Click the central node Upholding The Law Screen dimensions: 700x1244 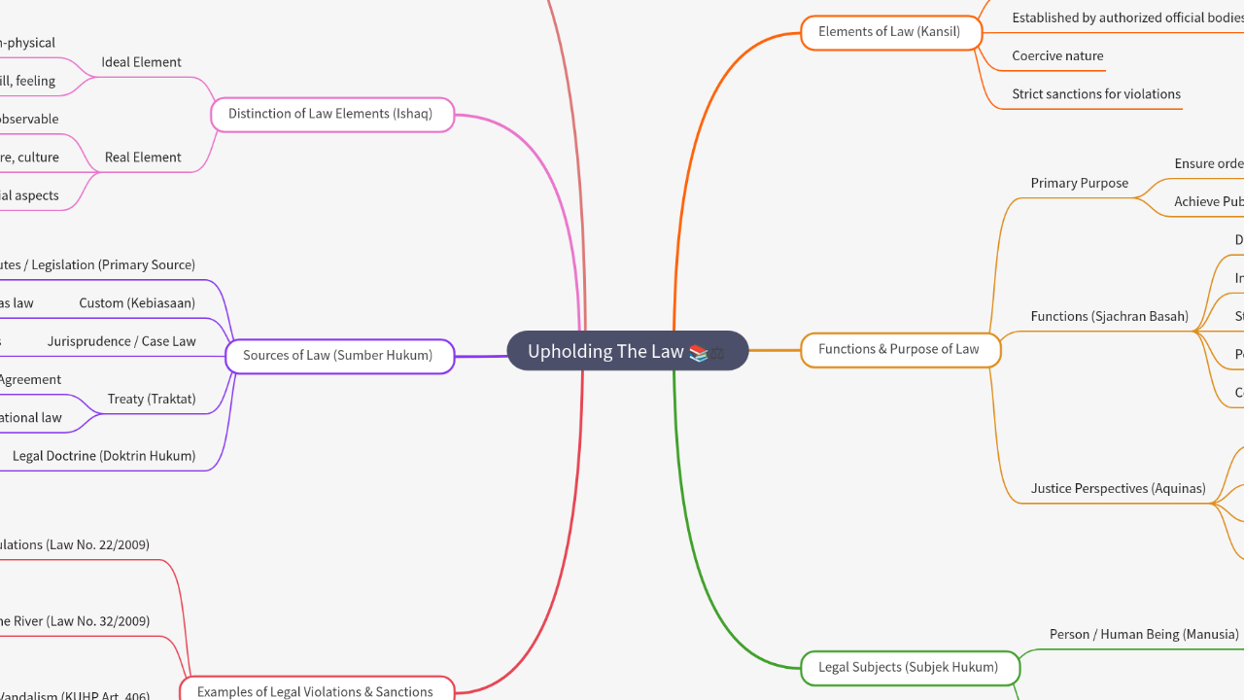(606, 351)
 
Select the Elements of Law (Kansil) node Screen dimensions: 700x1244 (888, 32)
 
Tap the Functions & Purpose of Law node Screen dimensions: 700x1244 (899, 349)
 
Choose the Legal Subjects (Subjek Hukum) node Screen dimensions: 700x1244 (908, 667)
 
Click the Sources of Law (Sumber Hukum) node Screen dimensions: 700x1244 (338, 356)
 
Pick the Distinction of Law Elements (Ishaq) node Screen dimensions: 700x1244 (330, 114)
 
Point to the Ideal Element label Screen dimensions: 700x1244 (142, 62)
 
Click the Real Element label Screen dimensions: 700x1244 (143, 157)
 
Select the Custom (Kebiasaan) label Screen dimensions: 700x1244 (137, 303)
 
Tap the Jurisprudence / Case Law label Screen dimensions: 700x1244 (121, 341)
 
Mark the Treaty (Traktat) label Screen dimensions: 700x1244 (152, 399)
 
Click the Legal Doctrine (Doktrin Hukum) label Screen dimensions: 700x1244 (104, 456)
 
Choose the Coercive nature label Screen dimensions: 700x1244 (1057, 56)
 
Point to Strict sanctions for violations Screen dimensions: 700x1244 (1096, 94)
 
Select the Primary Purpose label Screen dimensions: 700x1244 (1080, 183)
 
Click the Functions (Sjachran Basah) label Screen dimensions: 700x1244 (1110, 316)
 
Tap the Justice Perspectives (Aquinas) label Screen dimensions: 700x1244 (1119, 488)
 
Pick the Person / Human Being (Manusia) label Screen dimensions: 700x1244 (1144, 634)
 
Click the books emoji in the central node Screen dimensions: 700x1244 (699, 352)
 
